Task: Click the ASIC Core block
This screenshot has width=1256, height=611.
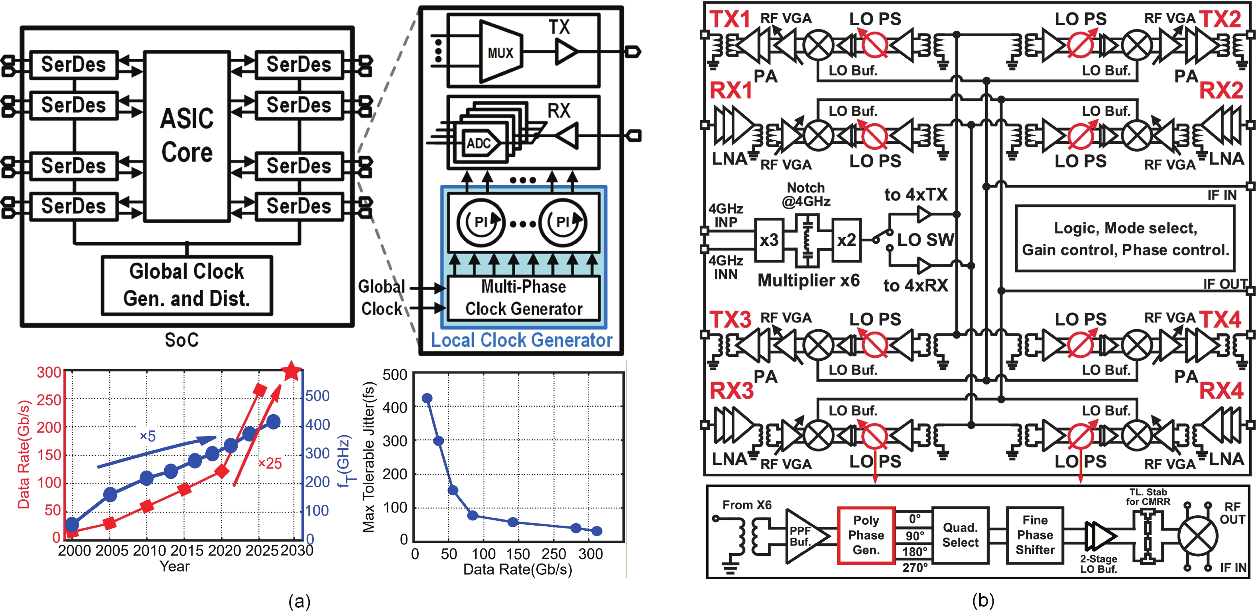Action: pos(187,136)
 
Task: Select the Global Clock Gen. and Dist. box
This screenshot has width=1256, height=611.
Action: pos(187,285)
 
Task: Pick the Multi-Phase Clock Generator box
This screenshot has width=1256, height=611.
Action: pos(524,298)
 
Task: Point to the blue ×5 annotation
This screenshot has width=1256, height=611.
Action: pos(148,436)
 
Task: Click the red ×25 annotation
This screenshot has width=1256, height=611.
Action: pos(270,463)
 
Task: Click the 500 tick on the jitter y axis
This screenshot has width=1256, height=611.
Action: pos(395,375)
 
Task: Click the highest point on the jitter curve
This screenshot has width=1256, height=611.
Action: pos(427,398)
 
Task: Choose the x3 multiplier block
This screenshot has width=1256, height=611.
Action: pos(769,240)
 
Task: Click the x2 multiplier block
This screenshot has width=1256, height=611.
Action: pos(847,240)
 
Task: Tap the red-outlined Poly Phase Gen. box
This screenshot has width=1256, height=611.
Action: pos(866,535)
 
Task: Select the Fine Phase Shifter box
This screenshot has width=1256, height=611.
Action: pos(1035,535)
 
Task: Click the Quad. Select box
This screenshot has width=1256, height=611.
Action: pos(960,535)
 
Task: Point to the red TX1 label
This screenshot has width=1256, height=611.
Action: pos(730,20)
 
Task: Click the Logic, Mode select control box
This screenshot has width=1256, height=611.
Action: pos(1125,239)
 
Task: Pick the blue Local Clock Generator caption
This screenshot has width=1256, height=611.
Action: pos(522,340)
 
